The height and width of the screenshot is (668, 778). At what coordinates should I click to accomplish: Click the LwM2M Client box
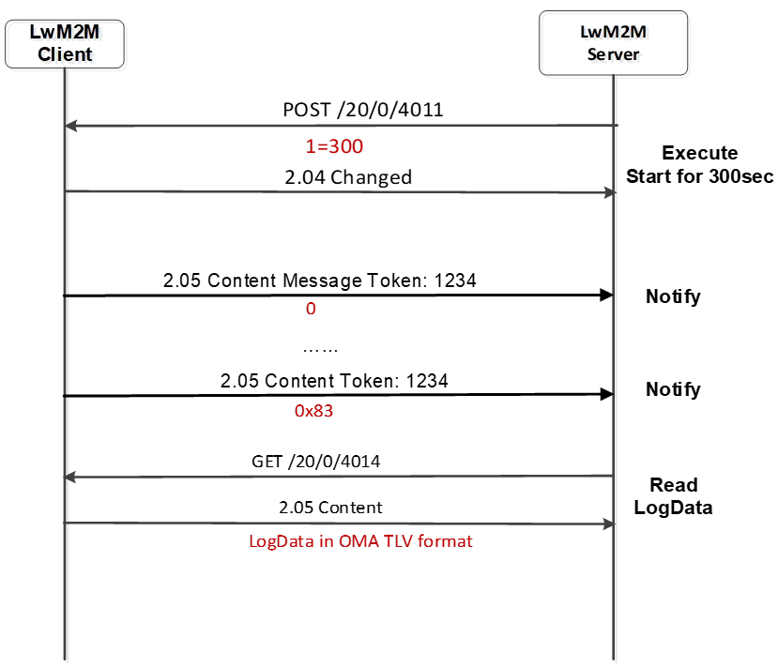click(x=65, y=44)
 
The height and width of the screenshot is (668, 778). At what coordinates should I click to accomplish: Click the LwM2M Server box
click(x=613, y=43)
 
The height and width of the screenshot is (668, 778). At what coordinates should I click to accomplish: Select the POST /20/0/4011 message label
click(x=362, y=110)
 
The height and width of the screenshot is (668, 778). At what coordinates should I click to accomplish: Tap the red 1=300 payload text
click(x=334, y=146)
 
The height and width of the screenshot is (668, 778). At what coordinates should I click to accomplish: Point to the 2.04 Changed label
click(x=348, y=177)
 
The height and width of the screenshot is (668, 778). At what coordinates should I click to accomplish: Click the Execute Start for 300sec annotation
click(x=699, y=164)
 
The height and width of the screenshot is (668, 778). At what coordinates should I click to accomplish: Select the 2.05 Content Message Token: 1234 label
click(x=319, y=281)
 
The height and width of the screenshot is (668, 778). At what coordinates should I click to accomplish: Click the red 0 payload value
click(x=311, y=309)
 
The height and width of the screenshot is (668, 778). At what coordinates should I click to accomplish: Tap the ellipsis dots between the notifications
click(x=320, y=350)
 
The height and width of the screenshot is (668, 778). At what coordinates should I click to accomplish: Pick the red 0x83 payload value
click(x=313, y=411)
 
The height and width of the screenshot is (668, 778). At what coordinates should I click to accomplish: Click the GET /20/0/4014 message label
click(x=315, y=462)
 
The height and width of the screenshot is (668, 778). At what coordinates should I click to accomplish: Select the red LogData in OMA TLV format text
click(x=360, y=541)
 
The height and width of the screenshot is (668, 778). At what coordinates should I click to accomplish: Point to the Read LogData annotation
click(x=673, y=496)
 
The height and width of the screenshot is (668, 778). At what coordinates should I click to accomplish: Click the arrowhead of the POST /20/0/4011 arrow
click(x=70, y=126)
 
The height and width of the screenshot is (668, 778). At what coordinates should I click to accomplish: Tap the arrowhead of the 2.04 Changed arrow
click(x=609, y=192)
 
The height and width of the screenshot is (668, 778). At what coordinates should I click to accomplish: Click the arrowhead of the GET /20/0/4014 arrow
click(x=69, y=477)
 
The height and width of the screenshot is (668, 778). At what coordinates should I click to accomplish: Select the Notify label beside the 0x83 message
click(x=673, y=389)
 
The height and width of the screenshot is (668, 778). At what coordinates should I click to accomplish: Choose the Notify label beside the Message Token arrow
click(x=673, y=296)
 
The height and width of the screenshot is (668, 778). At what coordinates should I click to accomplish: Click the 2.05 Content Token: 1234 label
click(x=334, y=381)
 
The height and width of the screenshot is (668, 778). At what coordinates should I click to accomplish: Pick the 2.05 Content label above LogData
click(x=330, y=508)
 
